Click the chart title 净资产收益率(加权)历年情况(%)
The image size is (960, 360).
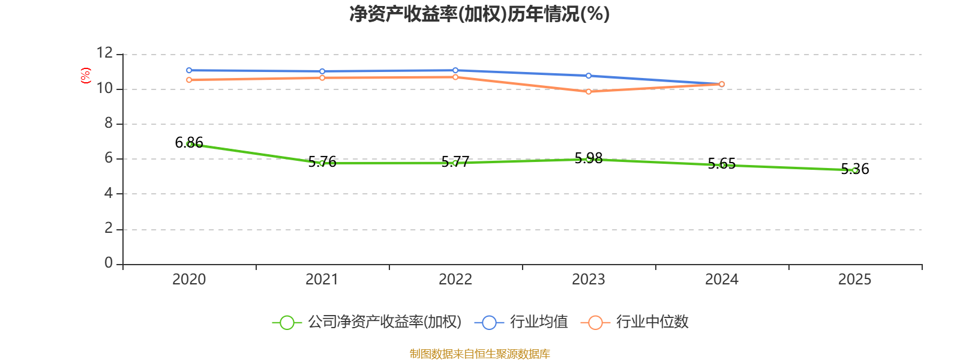point(479,14)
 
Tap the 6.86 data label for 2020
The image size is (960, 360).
point(189,142)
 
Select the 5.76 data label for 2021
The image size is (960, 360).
point(322,161)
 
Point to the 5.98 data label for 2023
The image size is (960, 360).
point(589,158)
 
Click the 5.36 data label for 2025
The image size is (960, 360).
point(855,169)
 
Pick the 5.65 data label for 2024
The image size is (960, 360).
point(722,163)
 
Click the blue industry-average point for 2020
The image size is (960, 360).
point(189,70)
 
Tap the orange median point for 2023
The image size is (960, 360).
point(589,92)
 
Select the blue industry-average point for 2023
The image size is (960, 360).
point(589,76)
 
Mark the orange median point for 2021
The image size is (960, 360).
point(322,78)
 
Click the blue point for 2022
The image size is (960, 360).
point(455,70)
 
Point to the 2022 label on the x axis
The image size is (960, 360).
point(455,280)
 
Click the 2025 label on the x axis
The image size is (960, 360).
point(855,280)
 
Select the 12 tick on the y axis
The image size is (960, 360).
point(104,53)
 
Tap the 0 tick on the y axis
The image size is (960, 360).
point(109,263)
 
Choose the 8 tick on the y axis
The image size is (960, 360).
point(109,124)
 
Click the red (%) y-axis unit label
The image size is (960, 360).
point(86,75)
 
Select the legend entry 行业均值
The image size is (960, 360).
point(521,322)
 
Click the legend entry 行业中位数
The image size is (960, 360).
point(635,322)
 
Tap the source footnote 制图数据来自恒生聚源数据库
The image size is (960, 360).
point(479,353)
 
